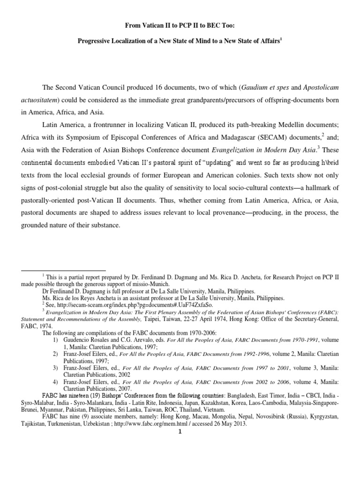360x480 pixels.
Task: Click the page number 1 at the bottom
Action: click(180, 432)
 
